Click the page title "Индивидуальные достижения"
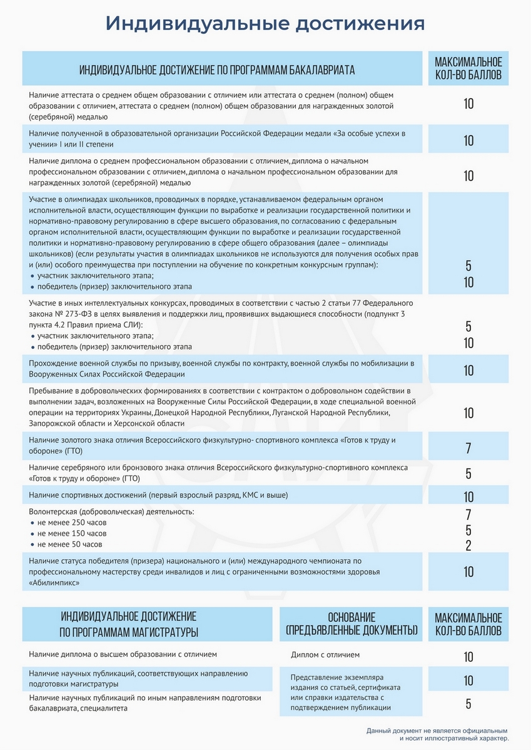coord(265,23)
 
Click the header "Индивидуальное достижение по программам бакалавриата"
coord(216,70)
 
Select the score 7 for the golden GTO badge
coord(468,448)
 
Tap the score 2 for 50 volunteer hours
coord(468,546)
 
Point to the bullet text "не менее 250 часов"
coord(72,522)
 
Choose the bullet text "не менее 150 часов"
coord(72,534)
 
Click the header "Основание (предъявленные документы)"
coord(351,623)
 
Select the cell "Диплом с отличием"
coord(325,656)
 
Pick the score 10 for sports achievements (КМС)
coord(468,497)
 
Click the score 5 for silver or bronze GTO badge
coord(468,473)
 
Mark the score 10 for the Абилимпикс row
coord(468,571)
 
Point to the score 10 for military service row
coord(468,370)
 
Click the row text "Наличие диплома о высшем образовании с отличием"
coord(123,655)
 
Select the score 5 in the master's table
coord(468,704)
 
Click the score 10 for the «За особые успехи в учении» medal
coord(468,141)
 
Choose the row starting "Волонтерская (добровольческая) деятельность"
coord(111,512)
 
